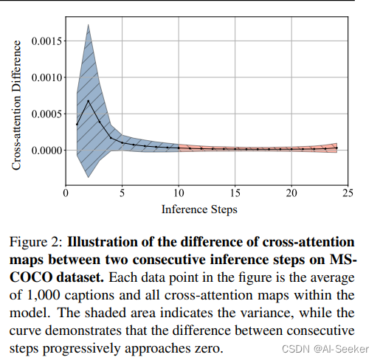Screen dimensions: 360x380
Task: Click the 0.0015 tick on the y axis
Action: pos(45,41)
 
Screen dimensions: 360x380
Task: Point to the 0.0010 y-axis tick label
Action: pos(45,77)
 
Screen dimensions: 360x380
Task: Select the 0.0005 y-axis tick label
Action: pos(45,114)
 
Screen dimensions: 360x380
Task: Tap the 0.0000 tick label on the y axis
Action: pos(45,150)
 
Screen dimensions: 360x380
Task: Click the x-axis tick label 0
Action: pos(66,193)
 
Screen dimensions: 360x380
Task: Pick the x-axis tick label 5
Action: pos(122,193)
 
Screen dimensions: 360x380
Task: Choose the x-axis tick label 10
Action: pos(179,193)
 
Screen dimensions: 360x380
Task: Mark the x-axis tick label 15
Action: pos(235,193)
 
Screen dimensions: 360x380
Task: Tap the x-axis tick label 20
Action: pos(291,193)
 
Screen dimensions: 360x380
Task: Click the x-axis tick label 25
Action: pos(348,193)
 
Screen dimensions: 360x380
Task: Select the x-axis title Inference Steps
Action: pos(199,209)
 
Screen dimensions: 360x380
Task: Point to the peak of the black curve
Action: pos(88,101)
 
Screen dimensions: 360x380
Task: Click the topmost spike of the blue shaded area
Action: pos(89,26)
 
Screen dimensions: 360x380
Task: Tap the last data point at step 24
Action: pos(336,148)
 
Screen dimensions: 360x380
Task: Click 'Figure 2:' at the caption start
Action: pos(38,241)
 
